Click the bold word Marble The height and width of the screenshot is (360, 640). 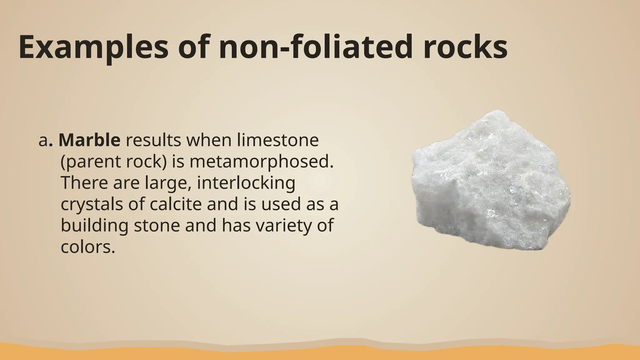click(89, 140)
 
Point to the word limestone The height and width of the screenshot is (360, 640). click(278, 140)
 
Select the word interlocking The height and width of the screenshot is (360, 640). click(246, 183)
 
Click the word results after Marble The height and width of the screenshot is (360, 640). click(153, 140)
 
